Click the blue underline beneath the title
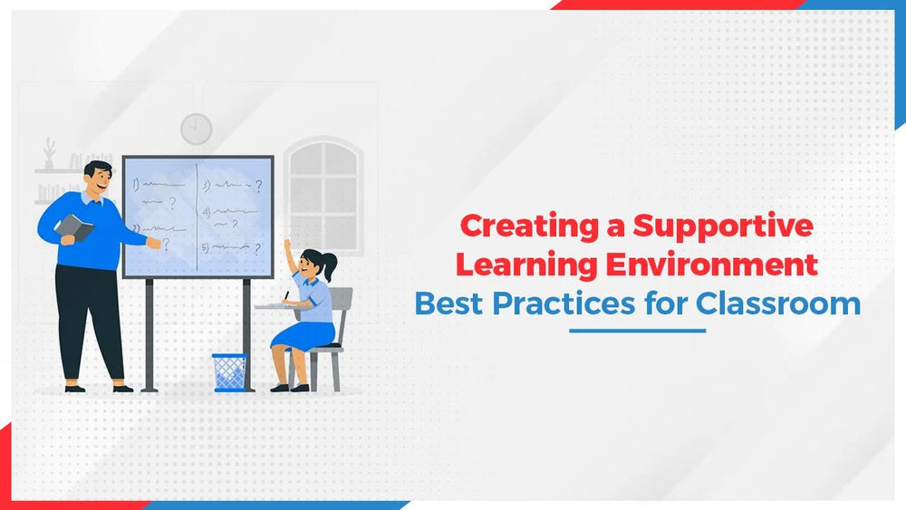(637, 331)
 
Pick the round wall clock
(196, 129)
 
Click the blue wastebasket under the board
(229, 371)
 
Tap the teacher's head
(96, 179)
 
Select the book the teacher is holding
(74, 227)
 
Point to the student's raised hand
(287, 245)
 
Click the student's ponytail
(331, 265)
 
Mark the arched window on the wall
(323, 190)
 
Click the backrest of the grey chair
(341, 304)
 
